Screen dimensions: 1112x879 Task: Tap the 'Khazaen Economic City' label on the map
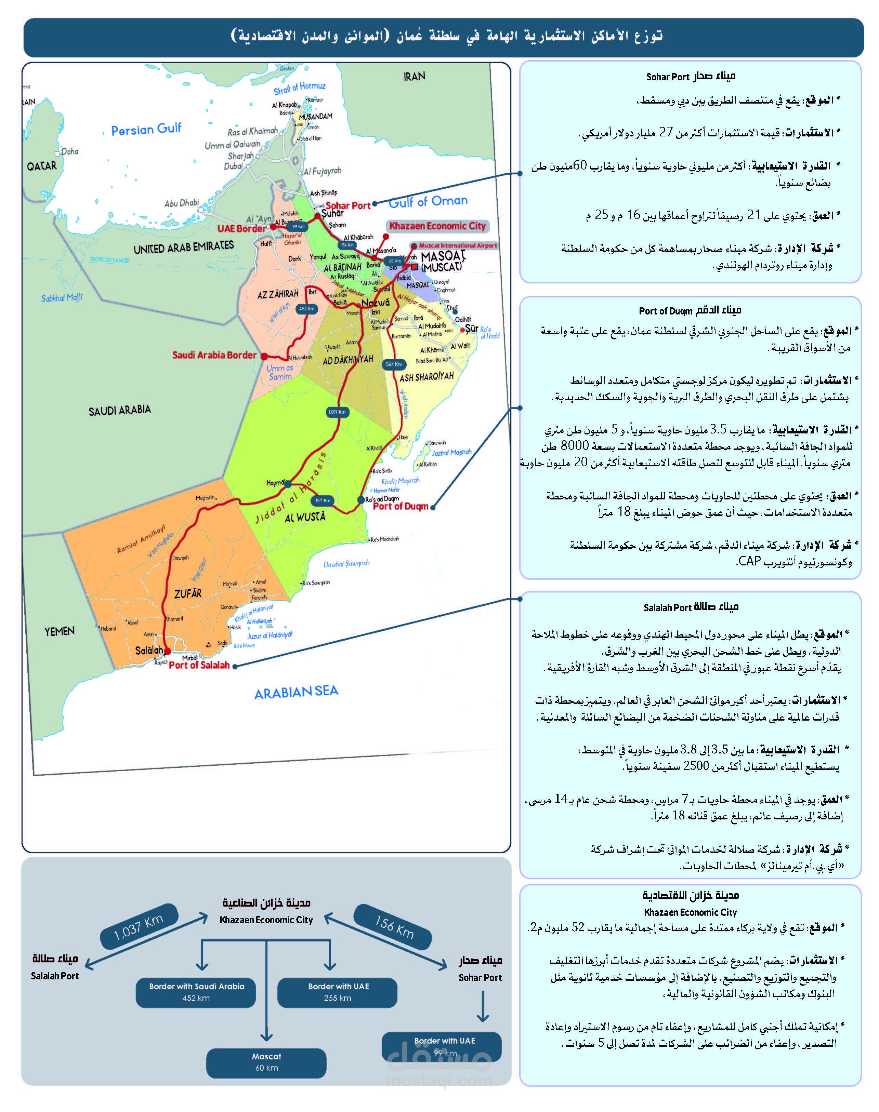click(x=437, y=226)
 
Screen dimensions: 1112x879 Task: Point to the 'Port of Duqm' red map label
click(x=401, y=506)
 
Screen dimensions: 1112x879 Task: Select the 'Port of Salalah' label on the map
click(x=199, y=665)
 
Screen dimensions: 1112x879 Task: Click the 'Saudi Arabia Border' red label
click(x=214, y=355)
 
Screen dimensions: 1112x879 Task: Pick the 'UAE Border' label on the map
click(x=241, y=228)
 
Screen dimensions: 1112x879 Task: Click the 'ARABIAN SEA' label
click(x=297, y=692)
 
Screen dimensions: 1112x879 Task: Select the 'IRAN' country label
click(x=414, y=76)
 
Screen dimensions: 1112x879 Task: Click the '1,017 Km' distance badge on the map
click(x=337, y=412)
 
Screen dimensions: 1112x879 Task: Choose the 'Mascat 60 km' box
click(x=266, y=1062)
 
